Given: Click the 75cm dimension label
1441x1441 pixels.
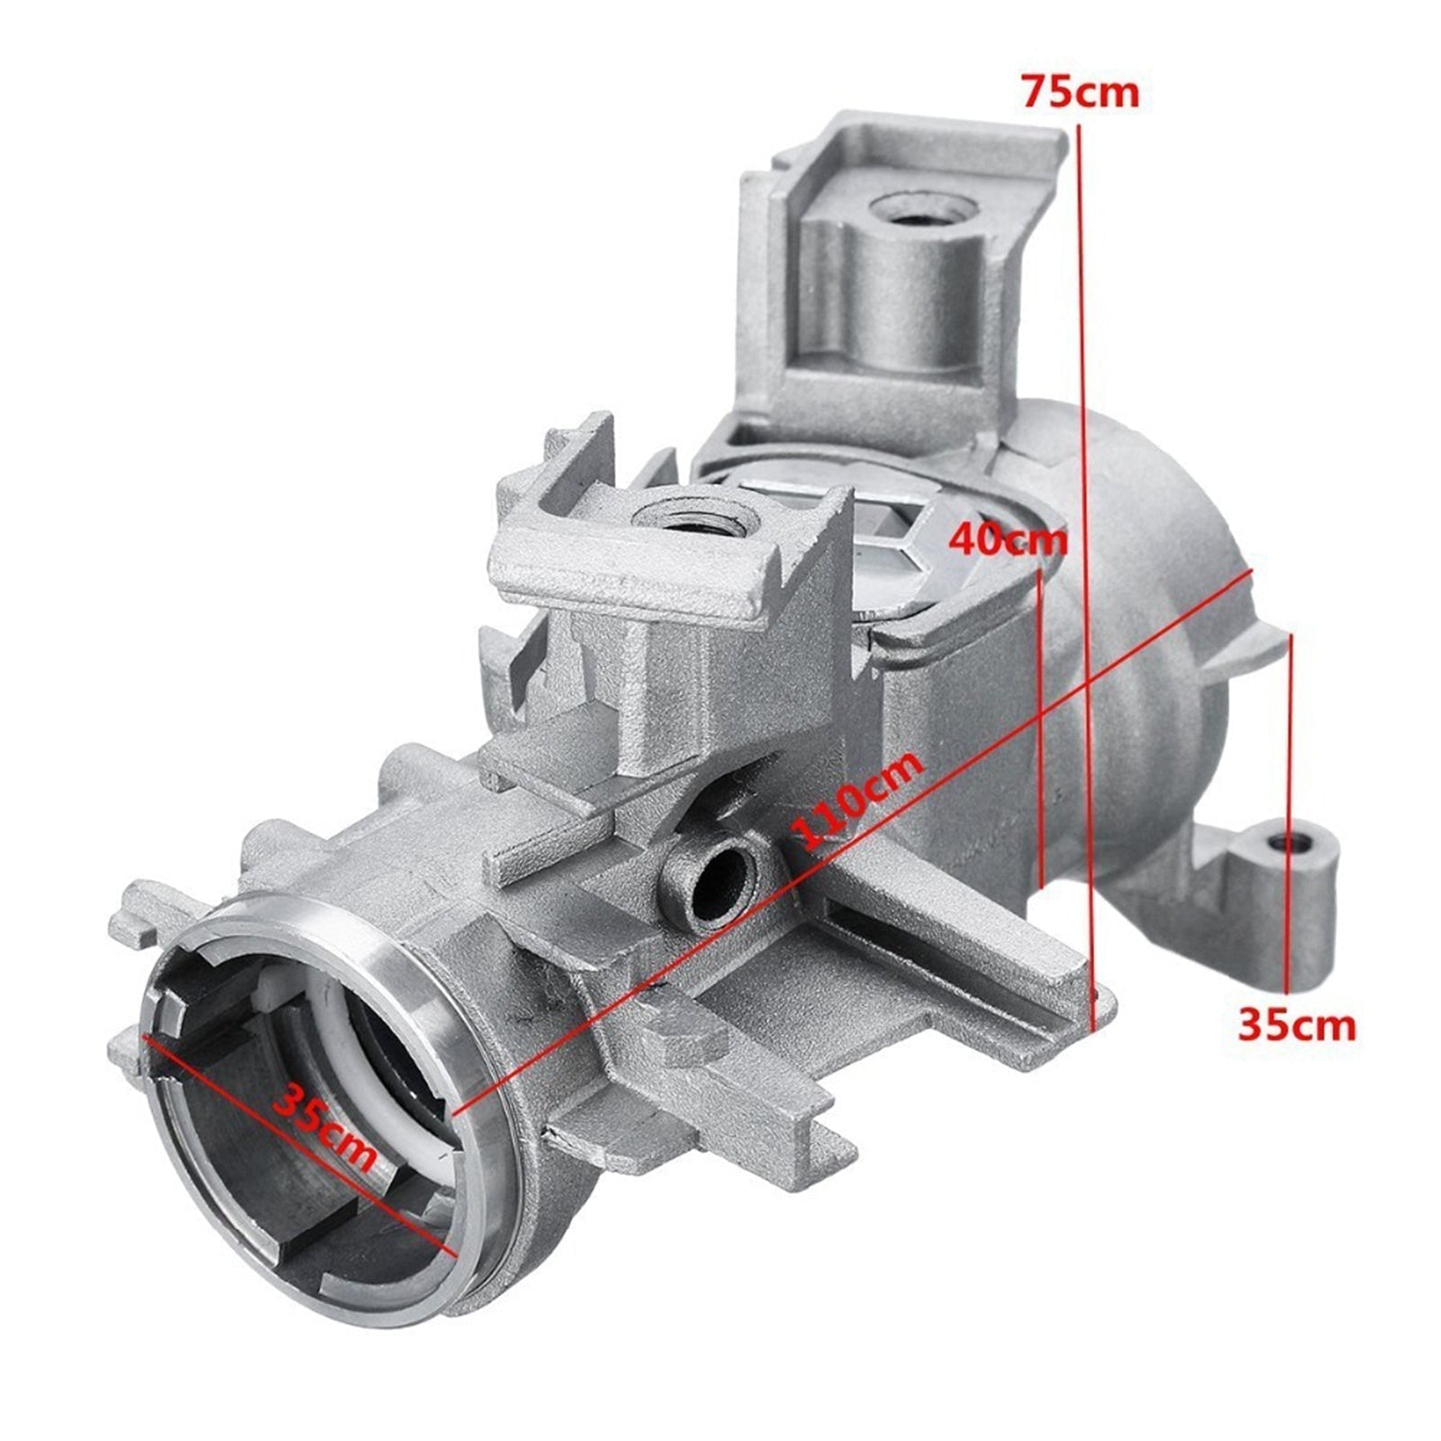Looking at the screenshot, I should tap(1080, 92).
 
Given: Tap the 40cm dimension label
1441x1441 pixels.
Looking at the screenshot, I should tap(1009, 540).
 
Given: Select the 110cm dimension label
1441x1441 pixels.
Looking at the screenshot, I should tap(860, 800).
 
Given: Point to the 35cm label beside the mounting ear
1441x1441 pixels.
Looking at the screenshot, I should tap(1296, 1025).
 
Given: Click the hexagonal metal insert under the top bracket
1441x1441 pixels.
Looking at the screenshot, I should tap(892, 549).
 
